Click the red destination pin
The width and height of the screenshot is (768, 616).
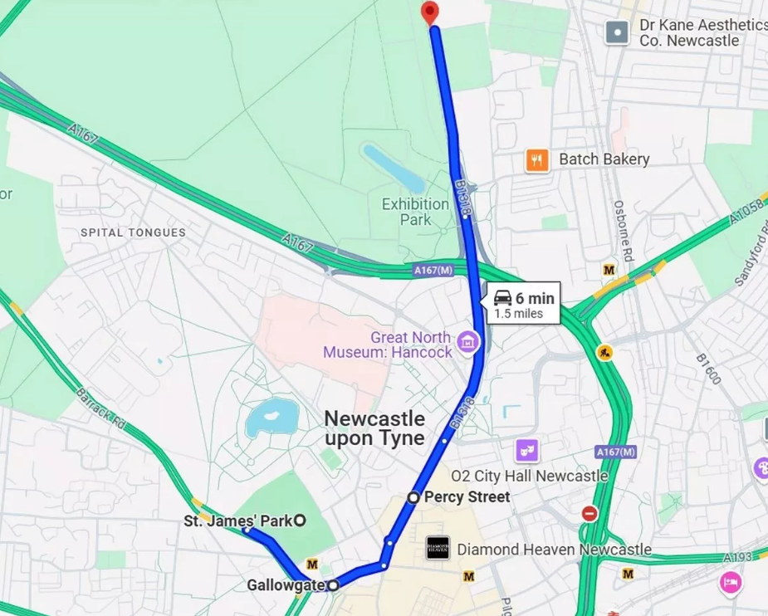click(x=429, y=12)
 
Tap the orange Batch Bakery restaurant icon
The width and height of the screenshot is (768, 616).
click(x=537, y=159)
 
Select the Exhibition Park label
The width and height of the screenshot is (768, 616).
click(x=414, y=212)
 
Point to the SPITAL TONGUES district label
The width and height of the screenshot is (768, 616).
click(x=133, y=232)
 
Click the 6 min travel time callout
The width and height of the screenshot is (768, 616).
click(x=524, y=304)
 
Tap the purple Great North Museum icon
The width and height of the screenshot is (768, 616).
click(x=467, y=340)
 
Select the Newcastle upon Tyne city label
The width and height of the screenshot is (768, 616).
click(x=374, y=428)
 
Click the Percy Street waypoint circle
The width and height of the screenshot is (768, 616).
click(x=413, y=497)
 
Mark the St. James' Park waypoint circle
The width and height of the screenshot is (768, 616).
click(x=300, y=521)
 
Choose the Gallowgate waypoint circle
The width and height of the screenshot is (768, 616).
click(x=333, y=585)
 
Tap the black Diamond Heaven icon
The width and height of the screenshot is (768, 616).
click(x=438, y=548)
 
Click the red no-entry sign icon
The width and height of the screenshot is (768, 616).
click(x=589, y=514)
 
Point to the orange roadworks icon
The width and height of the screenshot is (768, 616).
click(x=604, y=352)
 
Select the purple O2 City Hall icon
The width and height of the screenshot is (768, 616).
click(x=526, y=451)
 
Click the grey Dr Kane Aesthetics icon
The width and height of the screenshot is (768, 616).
click(x=617, y=32)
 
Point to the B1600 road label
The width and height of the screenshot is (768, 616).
click(x=708, y=366)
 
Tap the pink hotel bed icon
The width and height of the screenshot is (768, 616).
click(x=731, y=582)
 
